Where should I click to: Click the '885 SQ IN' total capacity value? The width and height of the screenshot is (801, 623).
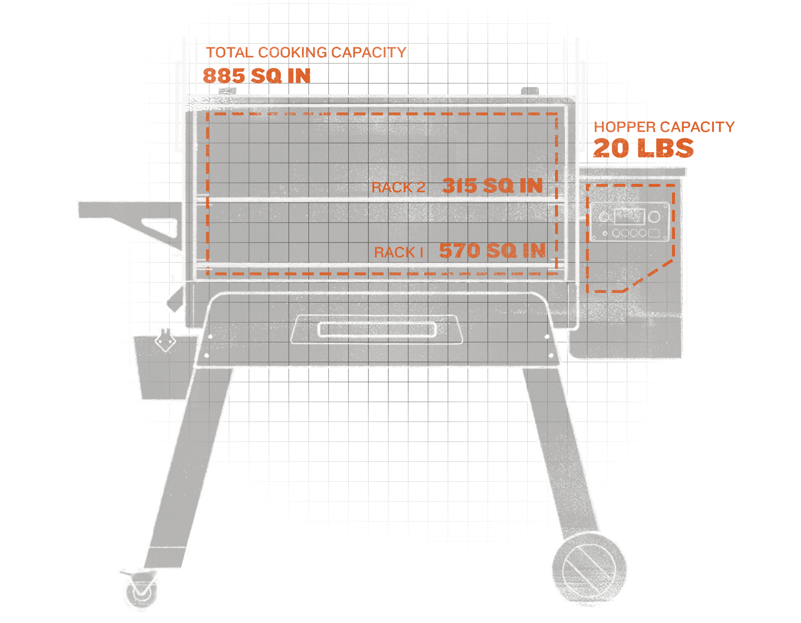point(256,76)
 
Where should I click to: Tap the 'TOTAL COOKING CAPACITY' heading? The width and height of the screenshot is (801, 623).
point(306,52)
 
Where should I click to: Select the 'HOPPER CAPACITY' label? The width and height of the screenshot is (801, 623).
point(664,127)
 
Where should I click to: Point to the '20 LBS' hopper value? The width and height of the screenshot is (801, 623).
point(643,148)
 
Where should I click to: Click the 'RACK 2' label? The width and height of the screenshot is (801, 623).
point(398,187)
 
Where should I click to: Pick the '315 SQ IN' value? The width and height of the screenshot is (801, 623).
point(492,186)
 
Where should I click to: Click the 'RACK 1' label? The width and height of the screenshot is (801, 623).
point(398,252)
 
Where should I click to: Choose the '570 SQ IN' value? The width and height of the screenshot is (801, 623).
point(492,250)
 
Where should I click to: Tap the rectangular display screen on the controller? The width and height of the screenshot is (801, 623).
point(629,217)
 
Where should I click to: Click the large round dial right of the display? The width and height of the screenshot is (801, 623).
point(654,217)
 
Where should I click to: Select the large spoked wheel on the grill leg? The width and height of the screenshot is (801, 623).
point(589,571)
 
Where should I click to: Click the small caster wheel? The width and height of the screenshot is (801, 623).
point(142,592)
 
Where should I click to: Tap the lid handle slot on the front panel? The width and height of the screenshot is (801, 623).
point(377,329)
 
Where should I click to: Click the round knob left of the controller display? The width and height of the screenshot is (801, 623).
point(604,217)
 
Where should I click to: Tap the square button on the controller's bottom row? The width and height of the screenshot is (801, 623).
point(654,233)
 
